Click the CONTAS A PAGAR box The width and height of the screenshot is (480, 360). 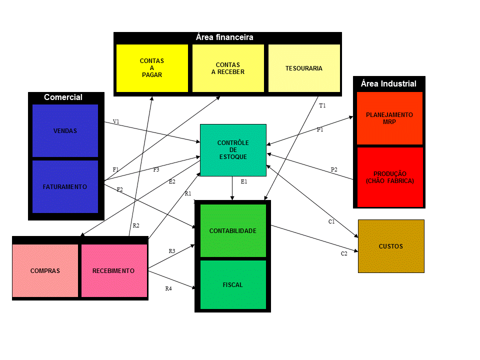(152, 68)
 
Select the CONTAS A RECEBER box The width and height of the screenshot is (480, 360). (228, 68)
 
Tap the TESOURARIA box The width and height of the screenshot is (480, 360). (304, 68)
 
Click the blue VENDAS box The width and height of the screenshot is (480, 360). (65, 130)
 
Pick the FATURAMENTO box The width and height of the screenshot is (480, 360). (65, 186)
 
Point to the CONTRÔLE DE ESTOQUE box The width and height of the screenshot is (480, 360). (233, 150)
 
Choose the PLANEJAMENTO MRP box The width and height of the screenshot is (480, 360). (389, 118)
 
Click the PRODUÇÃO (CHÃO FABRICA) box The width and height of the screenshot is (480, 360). (390, 177)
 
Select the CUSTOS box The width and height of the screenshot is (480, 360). (391, 246)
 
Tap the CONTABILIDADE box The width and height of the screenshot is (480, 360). (233, 231)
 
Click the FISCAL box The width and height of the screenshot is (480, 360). (233, 284)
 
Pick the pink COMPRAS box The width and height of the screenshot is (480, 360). (45, 270)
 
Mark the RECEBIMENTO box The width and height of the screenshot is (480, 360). (114, 270)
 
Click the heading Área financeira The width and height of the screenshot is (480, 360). (224, 37)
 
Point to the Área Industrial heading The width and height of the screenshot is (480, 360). (389, 83)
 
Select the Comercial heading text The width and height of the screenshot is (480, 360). (63, 97)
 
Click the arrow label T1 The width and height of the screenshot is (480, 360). (322, 105)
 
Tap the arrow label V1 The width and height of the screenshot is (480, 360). (116, 121)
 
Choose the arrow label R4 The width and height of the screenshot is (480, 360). (168, 288)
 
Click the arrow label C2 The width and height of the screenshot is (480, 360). (344, 253)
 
